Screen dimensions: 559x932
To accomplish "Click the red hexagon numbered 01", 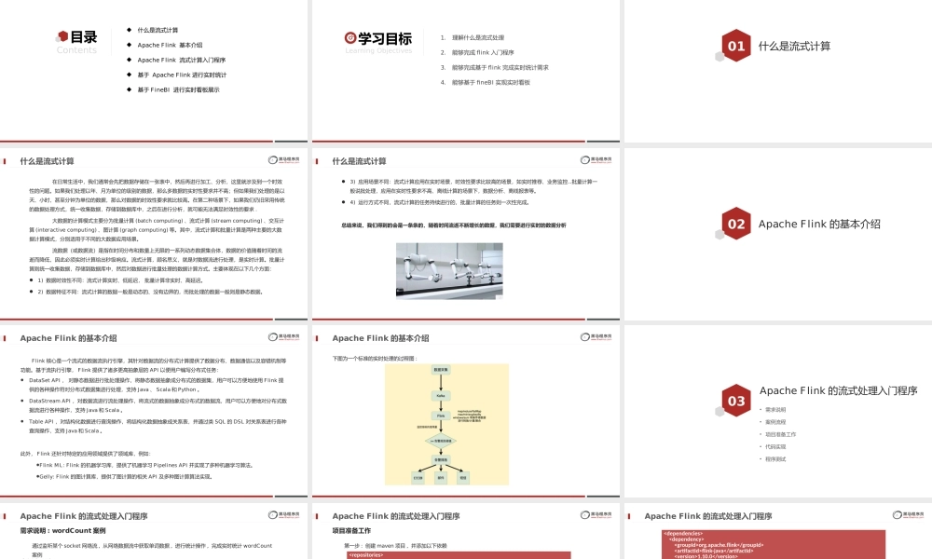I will coord(736,46).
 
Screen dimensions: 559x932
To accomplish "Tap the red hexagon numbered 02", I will coord(736,224).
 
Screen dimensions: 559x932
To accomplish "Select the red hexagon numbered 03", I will coord(736,401).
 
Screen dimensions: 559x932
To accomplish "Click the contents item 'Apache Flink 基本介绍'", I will coord(170,45).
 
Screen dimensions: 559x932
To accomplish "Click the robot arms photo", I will coord(449,270).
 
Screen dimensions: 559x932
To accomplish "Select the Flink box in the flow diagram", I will coord(441,416).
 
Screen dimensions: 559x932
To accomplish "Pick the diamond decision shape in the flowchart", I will coord(441,441).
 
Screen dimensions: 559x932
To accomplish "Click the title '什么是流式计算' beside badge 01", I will coord(794,46).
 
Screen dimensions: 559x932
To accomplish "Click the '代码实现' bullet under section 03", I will coord(775,446).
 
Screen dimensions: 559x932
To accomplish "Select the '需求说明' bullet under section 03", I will coord(775,410).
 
